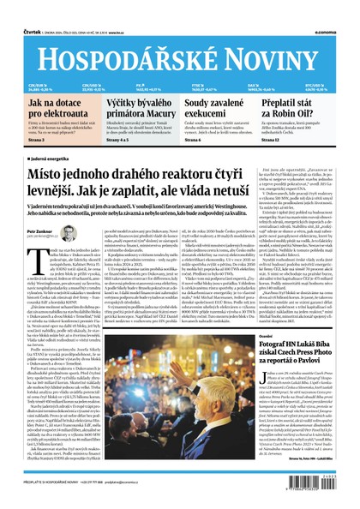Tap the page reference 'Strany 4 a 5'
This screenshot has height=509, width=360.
coord(119,139)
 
